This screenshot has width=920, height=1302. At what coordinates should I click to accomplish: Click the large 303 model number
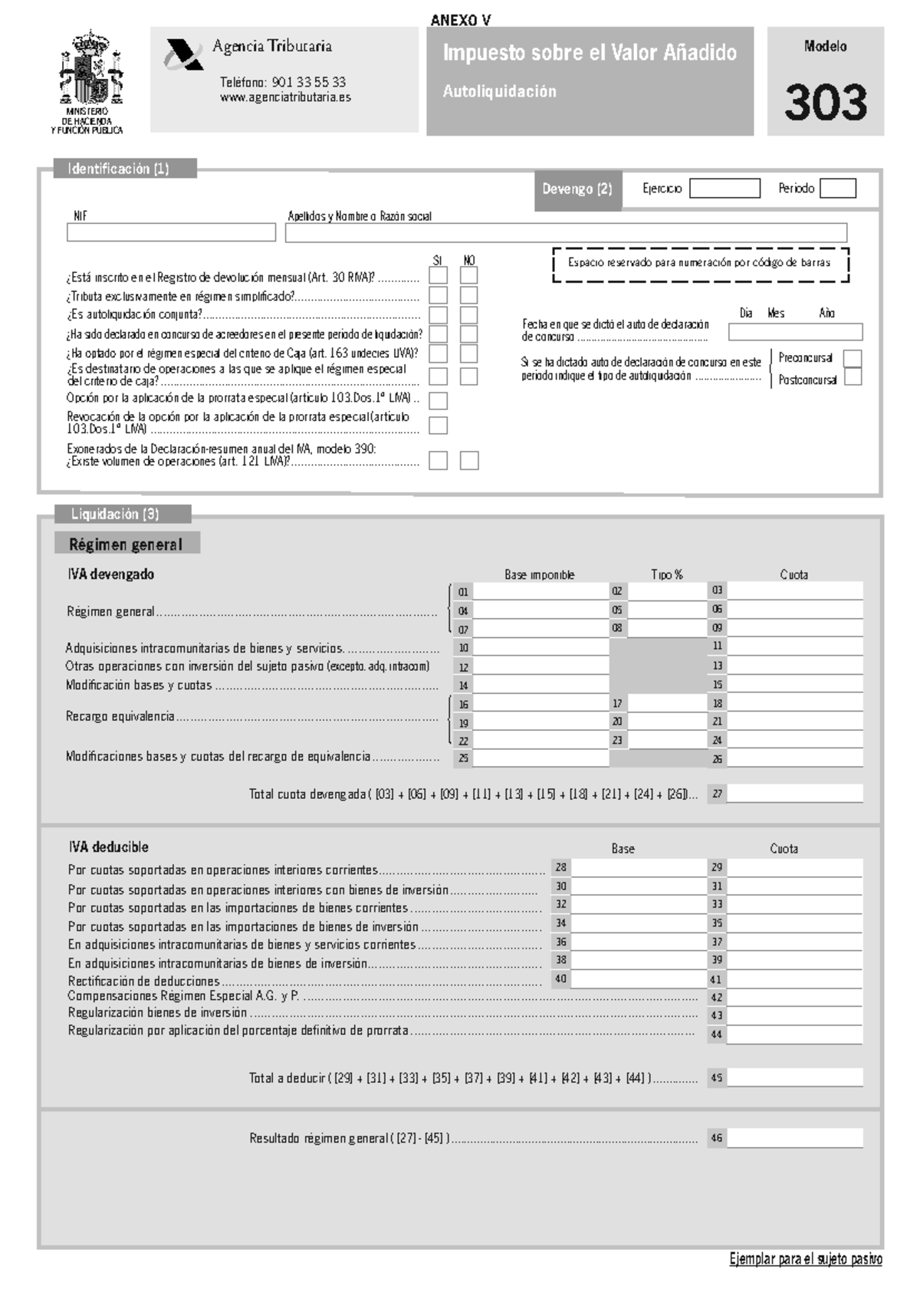click(x=826, y=103)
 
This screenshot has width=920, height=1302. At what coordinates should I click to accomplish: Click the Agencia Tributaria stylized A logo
click(x=182, y=54)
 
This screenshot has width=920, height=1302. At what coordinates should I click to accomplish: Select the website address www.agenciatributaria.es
click(x=285, y=97)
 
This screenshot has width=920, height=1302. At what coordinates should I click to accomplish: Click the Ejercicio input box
click(x=724, y=189)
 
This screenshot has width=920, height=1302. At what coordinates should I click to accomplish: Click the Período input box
click(x=837, y=189)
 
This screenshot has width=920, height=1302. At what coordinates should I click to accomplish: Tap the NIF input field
click(x=171, y=232)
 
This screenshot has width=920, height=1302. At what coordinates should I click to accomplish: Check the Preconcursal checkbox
click(x=852, y=359)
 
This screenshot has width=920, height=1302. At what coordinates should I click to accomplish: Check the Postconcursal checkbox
click(x=852, y=377)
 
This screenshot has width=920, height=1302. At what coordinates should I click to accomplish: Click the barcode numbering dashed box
click(x=700, y=265)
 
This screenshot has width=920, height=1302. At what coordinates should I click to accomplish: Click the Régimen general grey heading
click(x=127, y=544)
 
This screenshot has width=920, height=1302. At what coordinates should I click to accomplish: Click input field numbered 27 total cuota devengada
click(x=794, y=794)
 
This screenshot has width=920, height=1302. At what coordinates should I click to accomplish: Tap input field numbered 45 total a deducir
click(x=794, y=1077)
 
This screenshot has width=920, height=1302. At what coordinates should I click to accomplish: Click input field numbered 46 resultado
click(x=794, y=1138)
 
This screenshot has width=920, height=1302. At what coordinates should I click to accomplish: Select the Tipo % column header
click(x=666, y=574)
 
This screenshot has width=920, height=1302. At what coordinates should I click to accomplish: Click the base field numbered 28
click(x=638, y=868)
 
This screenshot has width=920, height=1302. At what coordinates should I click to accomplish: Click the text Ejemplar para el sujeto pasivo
click(x=805, y=1259)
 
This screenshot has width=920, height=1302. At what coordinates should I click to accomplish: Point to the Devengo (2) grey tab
click(x=577, y=189)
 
